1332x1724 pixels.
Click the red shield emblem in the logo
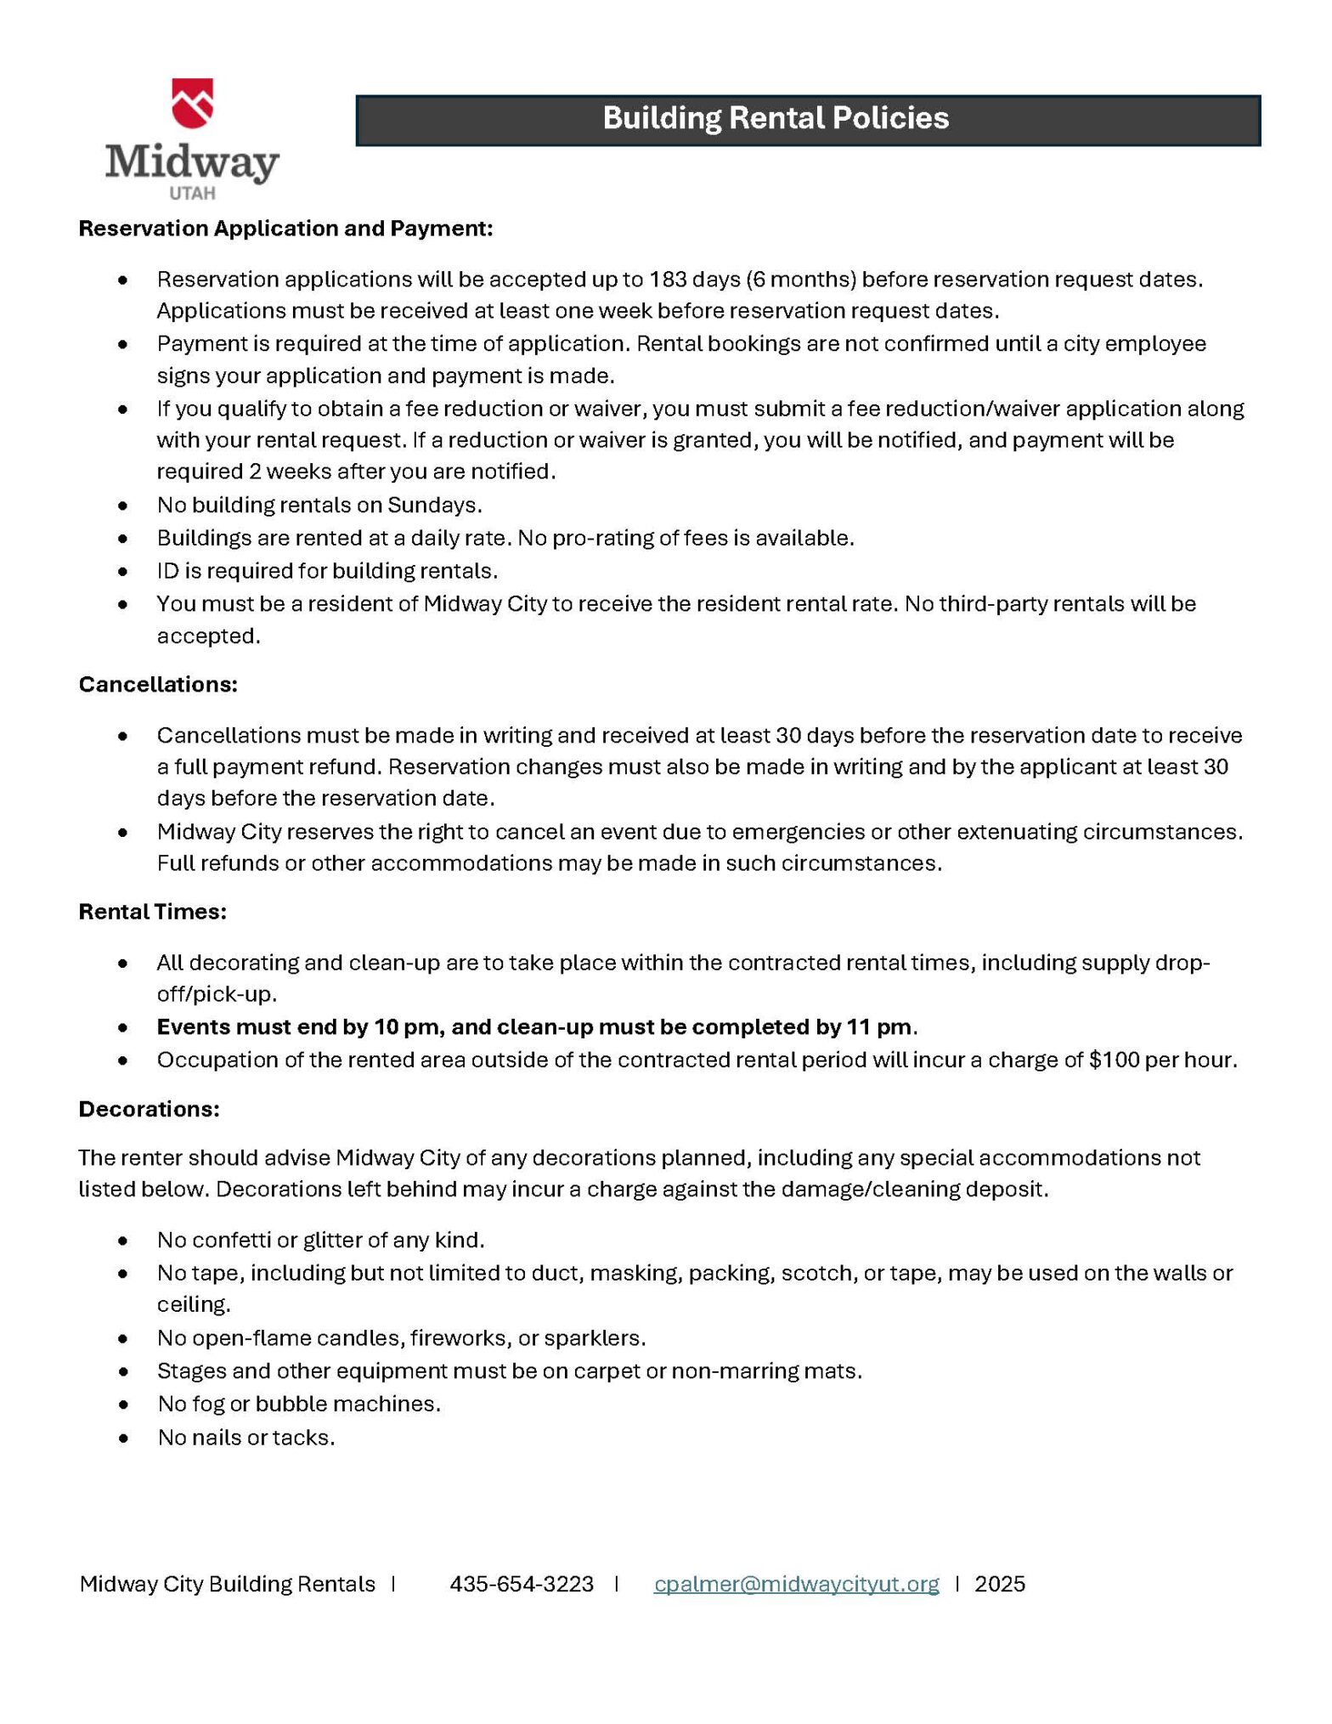pos(192,103)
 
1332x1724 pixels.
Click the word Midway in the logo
pos(192,161)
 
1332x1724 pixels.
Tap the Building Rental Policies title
pos(775,118)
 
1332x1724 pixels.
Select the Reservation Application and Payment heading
pos(285,229)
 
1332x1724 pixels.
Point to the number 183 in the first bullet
pos(668,280)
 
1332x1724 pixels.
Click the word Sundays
pos(434,506)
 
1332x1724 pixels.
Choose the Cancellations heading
pos(158,685)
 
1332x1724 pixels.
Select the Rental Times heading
pos(152,912)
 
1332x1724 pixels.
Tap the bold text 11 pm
pos(878,1027)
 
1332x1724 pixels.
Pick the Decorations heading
pos(149,1109)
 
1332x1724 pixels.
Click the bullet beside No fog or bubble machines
pos(124,1405)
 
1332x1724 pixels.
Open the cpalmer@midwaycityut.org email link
pos(796,1584)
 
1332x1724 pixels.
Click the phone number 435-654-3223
pos(522,1584)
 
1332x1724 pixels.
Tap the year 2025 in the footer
pos(1000,1584)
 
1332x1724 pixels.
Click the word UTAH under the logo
pos(192,194)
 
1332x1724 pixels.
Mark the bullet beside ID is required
pos(124,571)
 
